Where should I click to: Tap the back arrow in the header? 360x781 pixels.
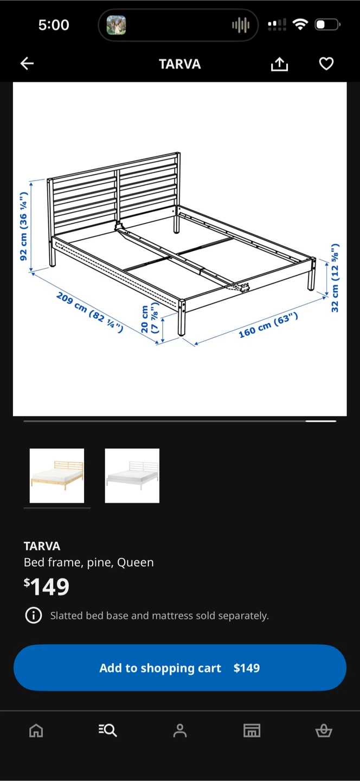tap(27, 63)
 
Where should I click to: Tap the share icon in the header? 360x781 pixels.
tap(280, 64)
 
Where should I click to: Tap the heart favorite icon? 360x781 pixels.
tap(326, 63)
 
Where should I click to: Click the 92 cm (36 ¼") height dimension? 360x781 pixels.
tap(23, 226)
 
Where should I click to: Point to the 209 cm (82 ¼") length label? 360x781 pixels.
tap(89, 312)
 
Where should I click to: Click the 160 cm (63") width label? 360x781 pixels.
tap(268, 325)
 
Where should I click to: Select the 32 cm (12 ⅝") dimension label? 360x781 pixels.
tap(335, 278)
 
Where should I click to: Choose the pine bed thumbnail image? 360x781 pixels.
tap(57, 476)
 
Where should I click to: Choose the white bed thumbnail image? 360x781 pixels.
tap(132, 476)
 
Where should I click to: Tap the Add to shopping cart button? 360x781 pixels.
tap(180, 668)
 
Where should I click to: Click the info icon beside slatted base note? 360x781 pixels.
tap(34, 616)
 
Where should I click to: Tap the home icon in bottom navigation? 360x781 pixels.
tap(36, 730)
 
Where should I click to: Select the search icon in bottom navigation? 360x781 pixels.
tap(108, 730)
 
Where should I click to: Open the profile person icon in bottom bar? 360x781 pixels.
tap(180, 731)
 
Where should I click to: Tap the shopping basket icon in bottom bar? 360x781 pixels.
tap(324, 731)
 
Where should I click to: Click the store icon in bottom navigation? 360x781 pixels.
tap(252, 731)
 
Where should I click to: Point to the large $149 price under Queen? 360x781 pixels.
tap(46, 587)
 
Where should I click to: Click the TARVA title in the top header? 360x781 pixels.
tap(180, 64)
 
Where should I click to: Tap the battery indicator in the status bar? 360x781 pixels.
tap(327, 25)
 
